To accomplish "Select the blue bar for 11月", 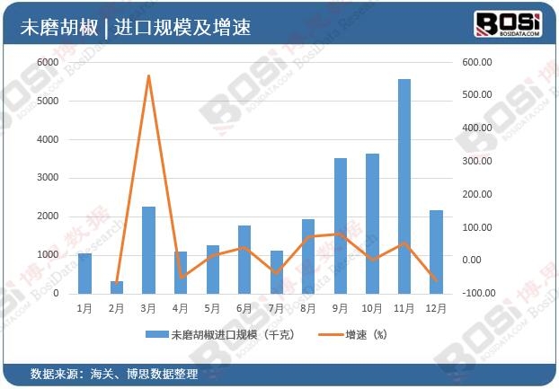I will click(404, 186).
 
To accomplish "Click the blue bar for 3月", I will click(148, 250).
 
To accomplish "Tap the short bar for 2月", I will click(117, 287).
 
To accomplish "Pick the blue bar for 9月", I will click(341, 225).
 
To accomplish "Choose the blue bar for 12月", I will click(436, 252).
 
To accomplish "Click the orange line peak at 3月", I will click(148, 75).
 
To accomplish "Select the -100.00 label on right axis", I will click(475, 293).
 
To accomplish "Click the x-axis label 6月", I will click(244, 308).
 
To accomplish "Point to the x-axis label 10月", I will click(372, 308).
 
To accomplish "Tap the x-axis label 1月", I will click(84, 308).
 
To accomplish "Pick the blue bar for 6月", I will click(244, 259).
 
